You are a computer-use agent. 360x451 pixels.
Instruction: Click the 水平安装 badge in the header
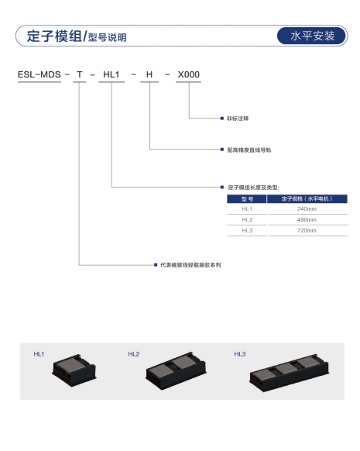point(312,36)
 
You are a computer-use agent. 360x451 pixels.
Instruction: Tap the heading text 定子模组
point(54,36)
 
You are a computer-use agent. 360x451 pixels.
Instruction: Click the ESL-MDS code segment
point(39,74)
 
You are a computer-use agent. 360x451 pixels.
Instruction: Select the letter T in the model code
point(80,74)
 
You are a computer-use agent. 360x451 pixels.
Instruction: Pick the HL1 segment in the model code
point(111,74)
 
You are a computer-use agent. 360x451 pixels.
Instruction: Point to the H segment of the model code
point(149,74)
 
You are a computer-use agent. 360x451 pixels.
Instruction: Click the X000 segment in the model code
point(188,74)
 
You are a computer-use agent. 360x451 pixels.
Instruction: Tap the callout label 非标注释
point(238,119)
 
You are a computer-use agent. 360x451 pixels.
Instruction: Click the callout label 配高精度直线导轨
point(249,150)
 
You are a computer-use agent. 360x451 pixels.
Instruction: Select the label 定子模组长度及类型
point(253,188)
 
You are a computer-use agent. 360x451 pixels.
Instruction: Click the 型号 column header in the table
point(247,199)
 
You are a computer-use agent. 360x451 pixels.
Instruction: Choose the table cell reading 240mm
point(307,208)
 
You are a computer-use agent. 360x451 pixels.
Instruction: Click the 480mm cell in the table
point(307,220)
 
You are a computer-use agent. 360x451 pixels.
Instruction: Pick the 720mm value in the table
point(307,230)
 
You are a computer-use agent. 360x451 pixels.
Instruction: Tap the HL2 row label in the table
point(247,220)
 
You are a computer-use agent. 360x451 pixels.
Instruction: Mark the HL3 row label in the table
point(247,230)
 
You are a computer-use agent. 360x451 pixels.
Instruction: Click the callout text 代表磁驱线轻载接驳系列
point(190,265)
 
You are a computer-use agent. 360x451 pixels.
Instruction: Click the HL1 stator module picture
point(74,370)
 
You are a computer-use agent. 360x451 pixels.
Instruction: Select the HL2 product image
point(176,370)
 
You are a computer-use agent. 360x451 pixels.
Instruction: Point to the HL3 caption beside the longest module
point(240,354)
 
